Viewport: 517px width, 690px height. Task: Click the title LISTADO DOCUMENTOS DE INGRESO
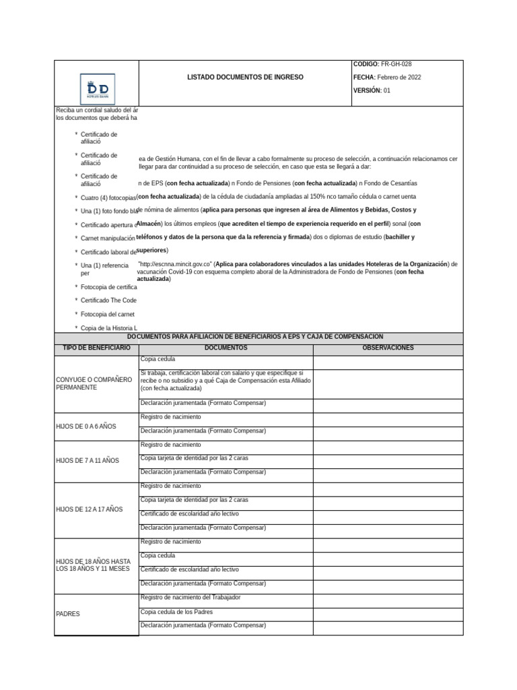[x=245, y=77]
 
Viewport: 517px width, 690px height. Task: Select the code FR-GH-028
[x=397, y=64]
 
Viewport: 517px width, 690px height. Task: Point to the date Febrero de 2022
[x=399, y=77]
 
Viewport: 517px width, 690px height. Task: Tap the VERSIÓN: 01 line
[x=372, y=90]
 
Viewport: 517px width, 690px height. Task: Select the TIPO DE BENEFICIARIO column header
[x=96, y=348]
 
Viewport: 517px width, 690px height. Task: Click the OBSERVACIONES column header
[x=388, y=348]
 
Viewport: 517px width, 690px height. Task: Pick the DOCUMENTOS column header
[x=226, y=348]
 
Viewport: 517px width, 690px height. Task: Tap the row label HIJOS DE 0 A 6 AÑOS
[x=86, y=427]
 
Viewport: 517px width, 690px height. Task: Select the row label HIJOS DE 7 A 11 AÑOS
[x=88, y=460]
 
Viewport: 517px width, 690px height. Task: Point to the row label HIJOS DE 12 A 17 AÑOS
[x=90, y=509]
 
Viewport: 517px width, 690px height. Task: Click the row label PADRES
[x=68, y=614]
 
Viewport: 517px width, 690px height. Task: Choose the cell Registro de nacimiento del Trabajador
[x=191, y=598]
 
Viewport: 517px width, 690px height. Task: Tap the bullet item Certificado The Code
[x=108, y=301]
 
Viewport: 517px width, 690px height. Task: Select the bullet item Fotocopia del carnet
[x=108, y=314]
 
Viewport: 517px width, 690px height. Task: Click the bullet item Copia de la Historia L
[x=109, y=327]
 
